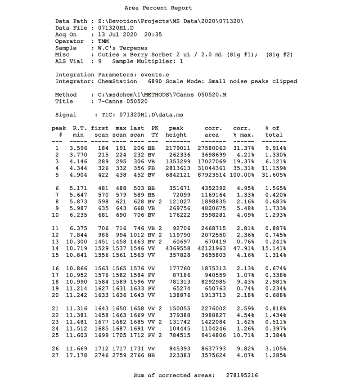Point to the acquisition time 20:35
pos(153,35)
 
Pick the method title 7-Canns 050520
pos(116,101)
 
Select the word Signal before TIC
pos(66,115)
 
